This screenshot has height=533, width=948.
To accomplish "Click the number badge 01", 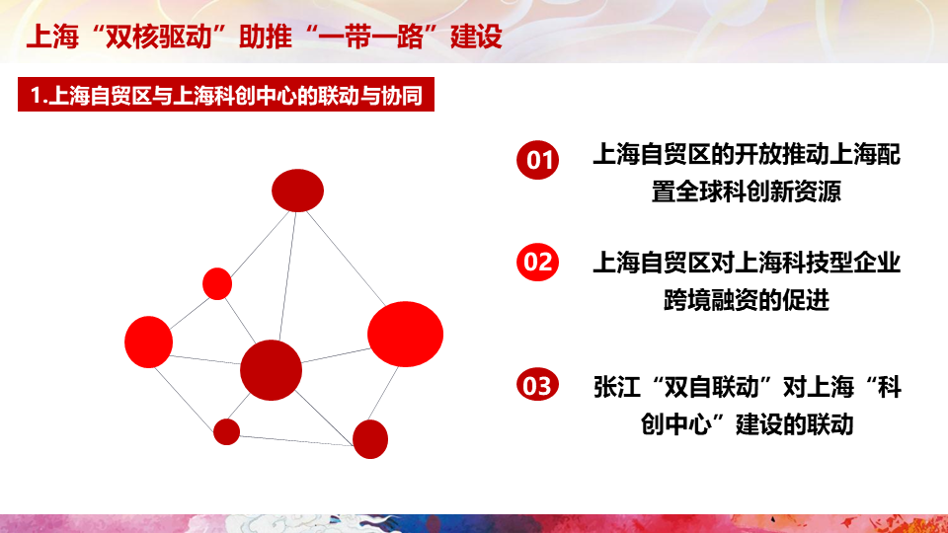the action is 537,160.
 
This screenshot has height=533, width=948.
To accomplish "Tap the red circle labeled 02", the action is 537,263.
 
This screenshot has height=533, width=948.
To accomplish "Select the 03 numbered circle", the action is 537,386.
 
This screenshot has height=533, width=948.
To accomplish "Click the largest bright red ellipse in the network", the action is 405,335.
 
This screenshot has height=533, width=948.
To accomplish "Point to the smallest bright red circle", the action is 217,284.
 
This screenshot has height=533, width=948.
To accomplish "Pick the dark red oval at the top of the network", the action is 297,190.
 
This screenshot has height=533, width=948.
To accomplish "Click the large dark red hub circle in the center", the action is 271,370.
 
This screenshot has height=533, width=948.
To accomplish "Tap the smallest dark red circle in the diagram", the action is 227,431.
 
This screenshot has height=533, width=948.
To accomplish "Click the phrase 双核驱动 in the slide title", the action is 158,37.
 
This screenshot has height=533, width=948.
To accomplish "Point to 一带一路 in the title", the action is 370,37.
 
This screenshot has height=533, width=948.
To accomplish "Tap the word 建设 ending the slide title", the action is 476,37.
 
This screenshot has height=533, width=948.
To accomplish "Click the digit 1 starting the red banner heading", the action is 36,96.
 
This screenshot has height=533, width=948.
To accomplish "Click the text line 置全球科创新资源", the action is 747,191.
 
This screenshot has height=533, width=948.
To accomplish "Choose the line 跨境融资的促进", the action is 747,300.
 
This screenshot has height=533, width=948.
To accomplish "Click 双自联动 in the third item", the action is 711,387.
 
